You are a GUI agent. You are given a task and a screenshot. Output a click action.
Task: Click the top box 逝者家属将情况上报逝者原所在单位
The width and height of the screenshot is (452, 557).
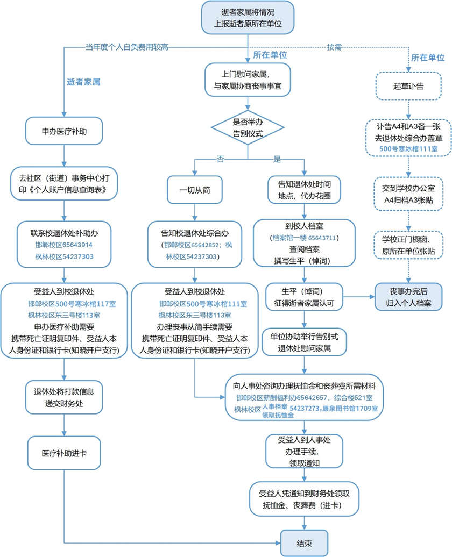pyautogui.click(x=248, y=18)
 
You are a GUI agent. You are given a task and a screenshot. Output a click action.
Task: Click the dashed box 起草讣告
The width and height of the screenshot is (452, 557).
pyautogui.click(x=408, y=86)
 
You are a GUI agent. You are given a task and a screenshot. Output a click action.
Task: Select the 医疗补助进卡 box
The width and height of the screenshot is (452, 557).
pyautogui.click(x=64, y=452)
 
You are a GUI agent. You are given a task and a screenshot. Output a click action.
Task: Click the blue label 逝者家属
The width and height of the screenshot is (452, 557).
pyautogui.click(x=84, y=82)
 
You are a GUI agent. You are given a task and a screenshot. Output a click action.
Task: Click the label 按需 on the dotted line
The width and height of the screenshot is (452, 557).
pyautogui.click(x=334, y=47)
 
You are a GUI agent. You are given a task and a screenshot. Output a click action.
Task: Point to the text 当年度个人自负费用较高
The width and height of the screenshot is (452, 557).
pyautogui.click(x=126, y=47)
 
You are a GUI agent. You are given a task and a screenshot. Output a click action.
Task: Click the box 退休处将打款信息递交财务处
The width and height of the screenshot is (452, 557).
pyautogui.click(x=64, y=395)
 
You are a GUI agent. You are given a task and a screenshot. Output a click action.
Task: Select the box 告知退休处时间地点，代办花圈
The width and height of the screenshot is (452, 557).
pyautogui.click(x=305, y=189)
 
